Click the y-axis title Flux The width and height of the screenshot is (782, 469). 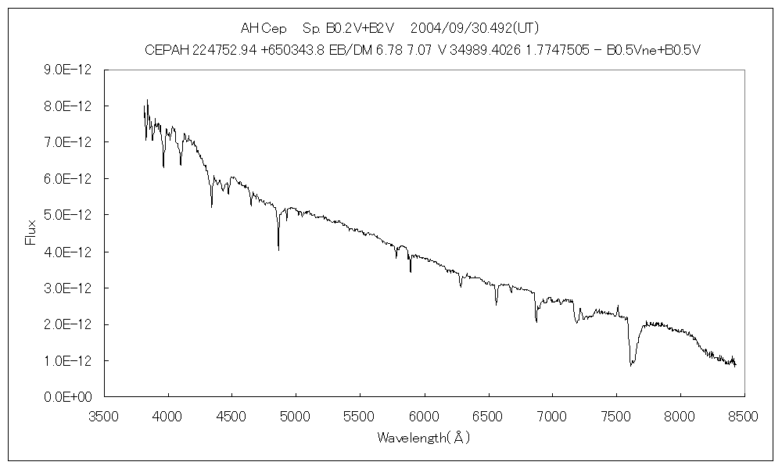(x=31, y=232)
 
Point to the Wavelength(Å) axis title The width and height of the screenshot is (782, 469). (x=423, y=438)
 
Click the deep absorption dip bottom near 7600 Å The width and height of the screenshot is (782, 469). (x=632, y=364)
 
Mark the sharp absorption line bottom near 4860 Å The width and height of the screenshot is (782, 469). (x=278, y=250)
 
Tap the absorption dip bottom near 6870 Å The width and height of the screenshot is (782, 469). (x=536, y=321)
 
